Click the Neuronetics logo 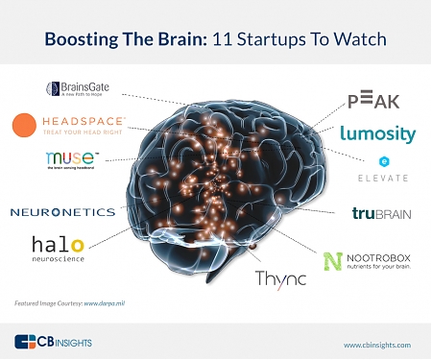click(62, 211)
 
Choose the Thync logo click(280, 278)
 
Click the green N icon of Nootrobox click(332, 261)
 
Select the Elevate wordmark click(382, 178)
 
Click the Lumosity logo click(377, 133)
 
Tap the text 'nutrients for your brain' click(377, 266)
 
